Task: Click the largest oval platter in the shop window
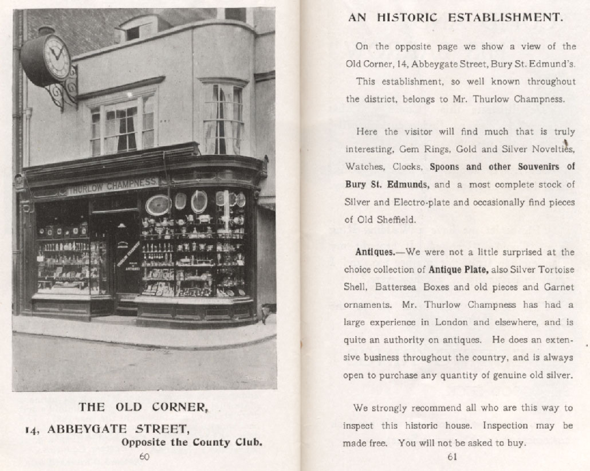pyautogui.click(x=158, y=205)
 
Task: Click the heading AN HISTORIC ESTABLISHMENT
pyautogui.click(x=455, y=17)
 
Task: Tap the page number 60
pyautogui.click(x=145, y=457)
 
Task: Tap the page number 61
pyautogui.click(x=452, y=457)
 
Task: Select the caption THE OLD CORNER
pyautogui.click(x=143, y=407)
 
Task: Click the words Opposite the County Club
pyautogui.click(x=192, y=442)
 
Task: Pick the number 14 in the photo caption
pyautogui.click(x=31, y=429)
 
